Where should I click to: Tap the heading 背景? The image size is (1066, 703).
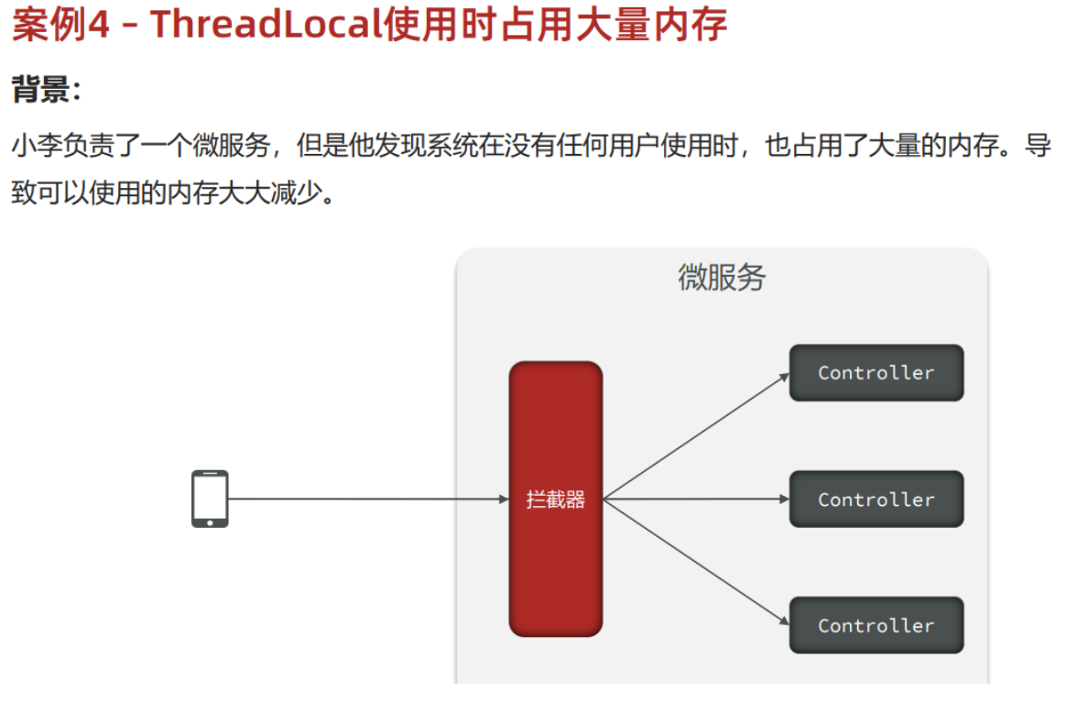(41, 90)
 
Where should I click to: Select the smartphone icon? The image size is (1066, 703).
(210, 499)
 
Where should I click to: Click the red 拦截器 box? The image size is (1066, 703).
(555, 550)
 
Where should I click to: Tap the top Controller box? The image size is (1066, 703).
(876, 373)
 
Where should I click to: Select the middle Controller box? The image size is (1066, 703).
(876, 500)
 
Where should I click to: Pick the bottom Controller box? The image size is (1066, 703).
(876, 625)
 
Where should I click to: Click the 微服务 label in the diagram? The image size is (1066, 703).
(721, 277)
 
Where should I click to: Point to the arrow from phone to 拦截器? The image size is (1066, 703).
(366, 499)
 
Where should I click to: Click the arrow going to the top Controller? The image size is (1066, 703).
(696, 435)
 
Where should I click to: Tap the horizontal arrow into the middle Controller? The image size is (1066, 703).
(696, 499)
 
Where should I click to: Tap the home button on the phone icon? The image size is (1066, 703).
(210, 522)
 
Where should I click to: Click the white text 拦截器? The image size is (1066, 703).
(555, 500)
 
